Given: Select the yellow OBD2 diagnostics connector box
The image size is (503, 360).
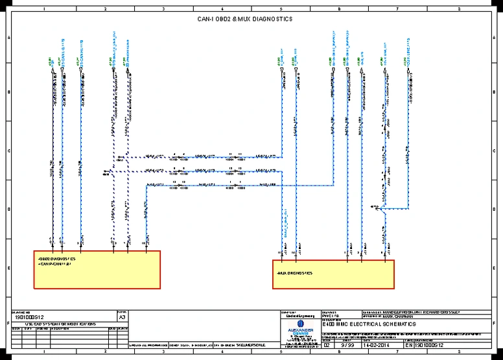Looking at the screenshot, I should [97, 269].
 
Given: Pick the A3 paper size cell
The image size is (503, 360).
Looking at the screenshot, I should [122, 318].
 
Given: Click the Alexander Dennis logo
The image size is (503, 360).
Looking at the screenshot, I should [299, 328].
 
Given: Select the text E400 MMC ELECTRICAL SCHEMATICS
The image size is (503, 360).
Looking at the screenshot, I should [369, 324].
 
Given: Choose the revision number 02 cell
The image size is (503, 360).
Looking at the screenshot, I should [326, 346].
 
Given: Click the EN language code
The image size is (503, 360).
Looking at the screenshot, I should [408, 346].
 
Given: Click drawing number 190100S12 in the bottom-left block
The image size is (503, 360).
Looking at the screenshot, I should [29, 317].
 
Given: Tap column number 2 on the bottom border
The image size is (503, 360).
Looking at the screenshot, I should [104, 353].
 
